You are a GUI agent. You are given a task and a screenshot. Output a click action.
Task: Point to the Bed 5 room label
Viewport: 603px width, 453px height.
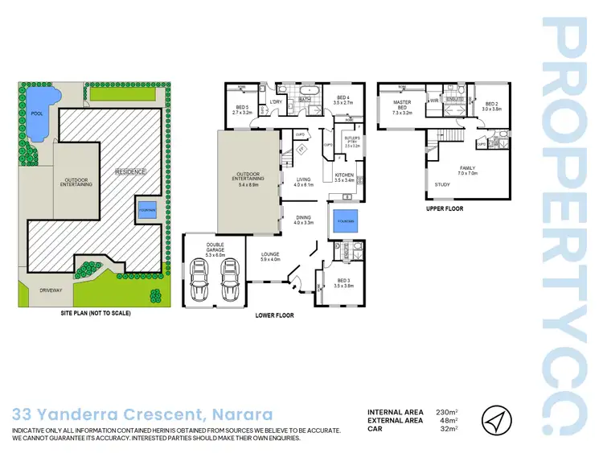pyautogui.click(x=242, y=110)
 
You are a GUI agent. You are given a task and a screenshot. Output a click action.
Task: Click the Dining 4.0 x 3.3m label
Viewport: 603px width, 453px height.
pyautogui.click(x=304, y=220)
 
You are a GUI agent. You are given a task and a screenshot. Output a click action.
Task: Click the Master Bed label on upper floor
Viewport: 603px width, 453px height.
pyautogui.click(x=402, y=108)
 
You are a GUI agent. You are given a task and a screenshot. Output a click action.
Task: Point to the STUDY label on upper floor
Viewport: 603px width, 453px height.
pyautogui.click(x=442, y=185)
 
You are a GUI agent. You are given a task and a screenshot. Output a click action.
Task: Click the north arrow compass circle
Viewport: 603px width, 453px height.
pyautogui.click(x=495, y=419)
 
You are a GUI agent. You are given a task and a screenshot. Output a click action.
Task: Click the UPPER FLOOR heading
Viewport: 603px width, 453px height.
pyautogui.click(x=445, y=208)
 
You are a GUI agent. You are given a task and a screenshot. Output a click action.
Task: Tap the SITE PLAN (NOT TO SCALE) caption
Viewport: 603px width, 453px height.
pyautogui.click(x=96, y=313)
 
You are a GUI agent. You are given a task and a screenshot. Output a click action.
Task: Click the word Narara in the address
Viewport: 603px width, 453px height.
pyautogui.click(x=241, y=415)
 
